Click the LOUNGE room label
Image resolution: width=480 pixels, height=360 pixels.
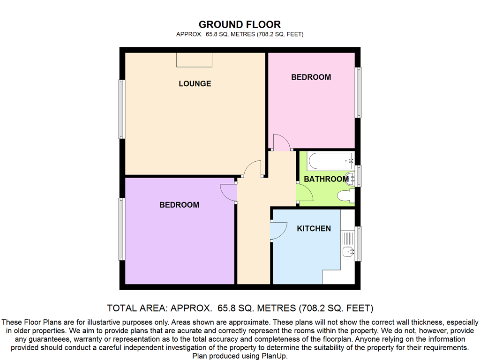tap(195, 83)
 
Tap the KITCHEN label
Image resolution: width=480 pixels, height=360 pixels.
tap(314, 228)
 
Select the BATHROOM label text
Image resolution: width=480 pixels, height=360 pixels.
tap(326, 179)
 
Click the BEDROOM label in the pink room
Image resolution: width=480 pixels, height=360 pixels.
tap(311, 77)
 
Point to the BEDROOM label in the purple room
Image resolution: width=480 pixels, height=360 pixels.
tap(180, 205)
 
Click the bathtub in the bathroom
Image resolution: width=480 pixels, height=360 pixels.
tap(331, 161)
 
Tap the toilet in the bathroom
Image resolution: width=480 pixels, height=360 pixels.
tap(346, 196)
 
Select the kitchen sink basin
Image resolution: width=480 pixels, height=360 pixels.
tap(348, 252)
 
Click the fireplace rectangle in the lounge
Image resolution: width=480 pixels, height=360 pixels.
tap(194, 60)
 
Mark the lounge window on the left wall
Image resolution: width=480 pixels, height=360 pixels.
tap(122, 109)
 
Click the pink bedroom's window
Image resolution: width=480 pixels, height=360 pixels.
tap(358, 92)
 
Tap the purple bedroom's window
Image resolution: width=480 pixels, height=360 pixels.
tap(122, 229)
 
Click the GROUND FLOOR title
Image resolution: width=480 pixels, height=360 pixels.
tap(240, 24)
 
